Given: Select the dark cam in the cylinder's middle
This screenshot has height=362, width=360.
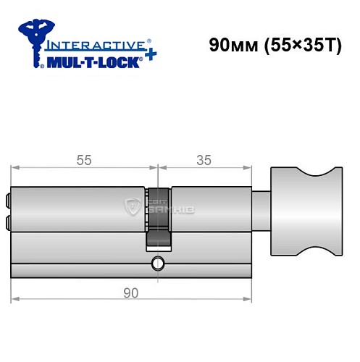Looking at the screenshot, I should (x=159, y=217).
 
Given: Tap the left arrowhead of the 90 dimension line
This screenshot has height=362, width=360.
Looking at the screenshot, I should (x=16, y=298).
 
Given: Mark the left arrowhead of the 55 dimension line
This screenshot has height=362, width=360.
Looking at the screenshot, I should (x=16, y=170).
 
